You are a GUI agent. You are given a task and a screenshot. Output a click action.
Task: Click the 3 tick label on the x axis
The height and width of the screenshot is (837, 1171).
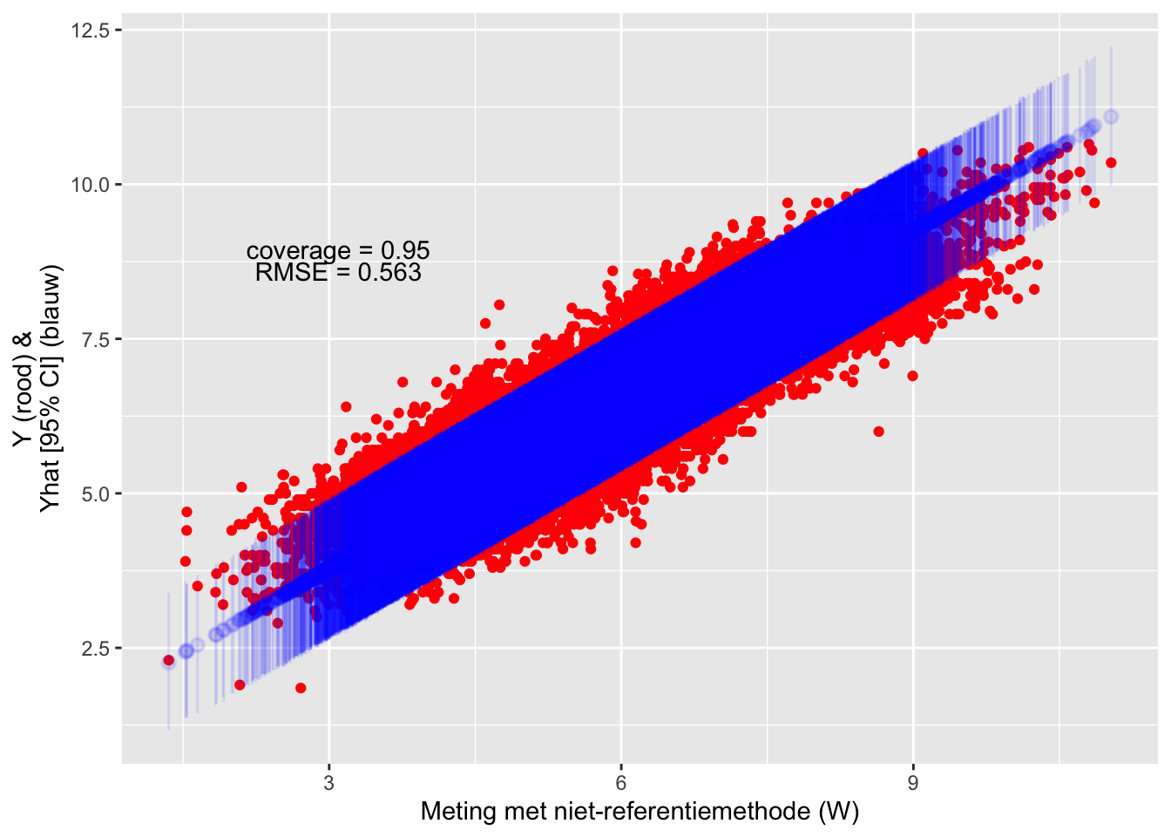(x=328, y=783)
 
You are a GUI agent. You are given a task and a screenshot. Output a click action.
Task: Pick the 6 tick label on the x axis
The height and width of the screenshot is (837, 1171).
(x=621, y=783)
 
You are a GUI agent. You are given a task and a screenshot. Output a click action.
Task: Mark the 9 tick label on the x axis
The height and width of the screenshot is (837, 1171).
(x=913, y=783)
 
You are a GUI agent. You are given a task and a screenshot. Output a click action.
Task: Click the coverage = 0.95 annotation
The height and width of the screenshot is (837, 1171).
(x=338, y=251)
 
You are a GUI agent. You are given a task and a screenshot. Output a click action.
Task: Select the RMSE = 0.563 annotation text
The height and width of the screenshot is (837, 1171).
(x=338, y=273)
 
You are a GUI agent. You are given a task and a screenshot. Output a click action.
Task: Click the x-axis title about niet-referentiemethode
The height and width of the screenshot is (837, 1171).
(x=640, y=812)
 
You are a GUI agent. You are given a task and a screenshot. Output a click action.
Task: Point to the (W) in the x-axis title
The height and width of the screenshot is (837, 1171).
(x=839, y=812)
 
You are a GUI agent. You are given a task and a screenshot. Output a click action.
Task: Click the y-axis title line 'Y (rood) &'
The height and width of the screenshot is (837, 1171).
(x=24, y=390)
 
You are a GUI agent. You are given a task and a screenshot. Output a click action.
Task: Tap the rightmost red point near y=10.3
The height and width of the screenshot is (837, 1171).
(x=1111, y=163)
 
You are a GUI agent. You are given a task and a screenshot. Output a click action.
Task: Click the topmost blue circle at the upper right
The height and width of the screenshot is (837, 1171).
(x=1111, y=117)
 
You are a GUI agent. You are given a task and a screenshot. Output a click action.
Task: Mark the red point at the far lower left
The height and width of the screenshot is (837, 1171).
(x=169, y=660)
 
